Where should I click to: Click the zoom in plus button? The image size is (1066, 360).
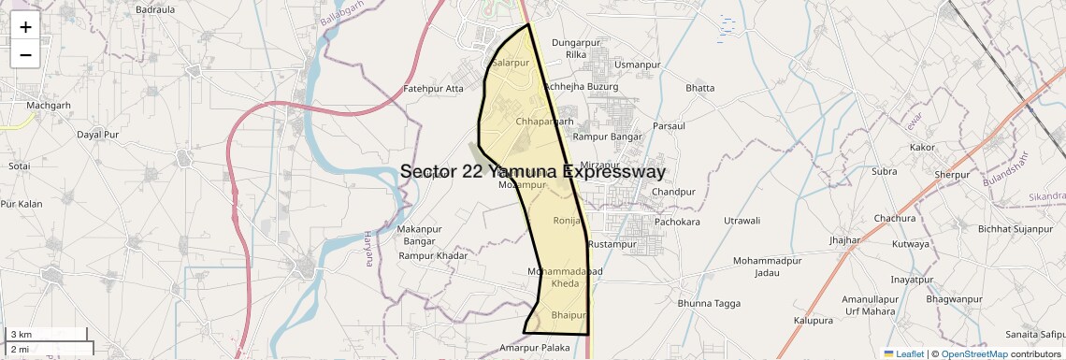click(25, 27)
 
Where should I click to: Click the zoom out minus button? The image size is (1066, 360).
click(25, 54)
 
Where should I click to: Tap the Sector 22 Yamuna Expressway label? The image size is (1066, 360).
click(533, 172)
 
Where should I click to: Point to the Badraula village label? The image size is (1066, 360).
click(155, 9)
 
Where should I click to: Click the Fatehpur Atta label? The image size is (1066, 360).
click(433, 89)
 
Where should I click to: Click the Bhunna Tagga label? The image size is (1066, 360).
click(709, 303)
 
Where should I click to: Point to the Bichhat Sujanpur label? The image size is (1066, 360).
click(1016, 229)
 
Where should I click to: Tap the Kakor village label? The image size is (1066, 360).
click(922, 147)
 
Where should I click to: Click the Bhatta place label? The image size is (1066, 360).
click(699, 88)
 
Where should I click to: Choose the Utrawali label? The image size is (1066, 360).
click(742, 220)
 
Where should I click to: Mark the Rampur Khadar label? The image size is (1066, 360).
click(433, 255)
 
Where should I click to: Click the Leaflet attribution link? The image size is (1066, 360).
click(903, 354)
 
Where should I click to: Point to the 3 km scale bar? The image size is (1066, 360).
click(47, 334)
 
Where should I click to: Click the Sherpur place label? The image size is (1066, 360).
click(952, 175)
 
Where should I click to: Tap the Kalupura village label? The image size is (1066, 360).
click(813, 320)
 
